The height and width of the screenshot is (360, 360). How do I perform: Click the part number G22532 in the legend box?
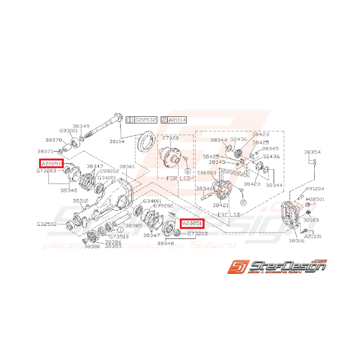pyautogui.click(x=145, y=120)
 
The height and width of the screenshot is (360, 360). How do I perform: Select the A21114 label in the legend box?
pyautogui.click(x=177, y=120)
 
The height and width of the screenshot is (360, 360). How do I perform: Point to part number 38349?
pyautogui.click(x=81, y=126)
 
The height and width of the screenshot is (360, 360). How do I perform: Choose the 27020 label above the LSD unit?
pyautogui.click(x=171, y=138)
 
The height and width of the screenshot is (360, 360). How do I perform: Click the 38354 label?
pyautogui.click(x=312, y=152)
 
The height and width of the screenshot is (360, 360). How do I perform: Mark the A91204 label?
pyautogui.click(x=315, y=189)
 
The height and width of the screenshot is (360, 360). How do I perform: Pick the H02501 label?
pyautogui.click(x=315, y=200)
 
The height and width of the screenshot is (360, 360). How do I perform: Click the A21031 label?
pyautogui.click(x=313, y=236)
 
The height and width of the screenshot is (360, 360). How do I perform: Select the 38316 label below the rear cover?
pyautogui.click(x=297, y=241)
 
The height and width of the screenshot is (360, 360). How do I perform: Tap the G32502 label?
pyautogui.click(x=47, y=224)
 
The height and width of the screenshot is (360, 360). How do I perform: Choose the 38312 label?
pyautogui.click(x=81, y=201)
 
